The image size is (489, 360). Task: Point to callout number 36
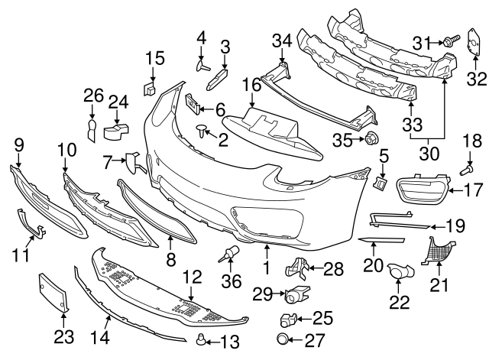(229, 282)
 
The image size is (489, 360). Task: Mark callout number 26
(92, 96)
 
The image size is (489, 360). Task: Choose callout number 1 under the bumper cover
(267, 268)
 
